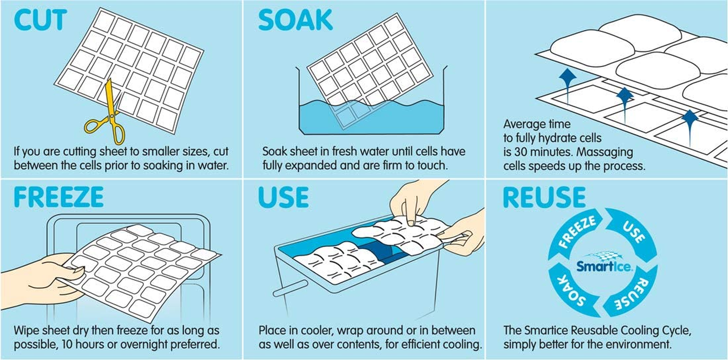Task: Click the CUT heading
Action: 41,20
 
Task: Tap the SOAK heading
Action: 295,20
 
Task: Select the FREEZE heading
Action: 59,197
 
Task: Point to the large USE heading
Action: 283,197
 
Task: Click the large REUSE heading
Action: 544,197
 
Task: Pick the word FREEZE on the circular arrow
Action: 577,233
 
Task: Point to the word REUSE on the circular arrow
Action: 633,293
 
